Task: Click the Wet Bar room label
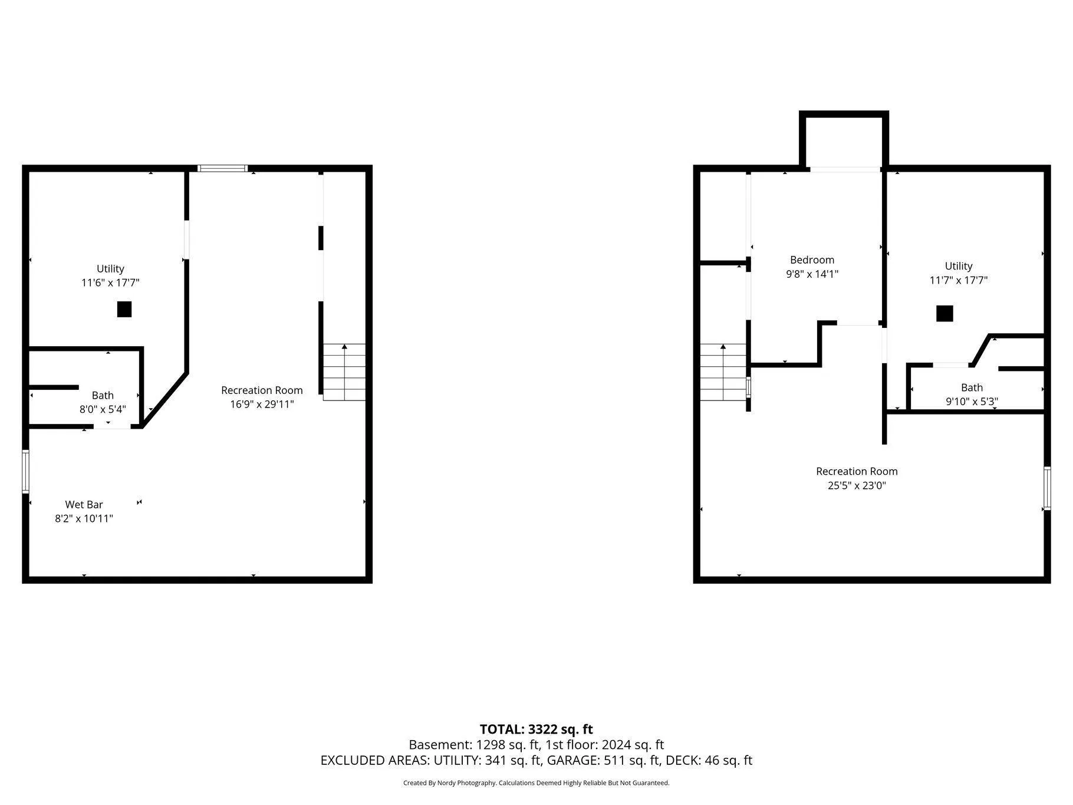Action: [x=84, y=505]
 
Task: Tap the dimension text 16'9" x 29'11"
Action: [x=262, y=405]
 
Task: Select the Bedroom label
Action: [x=812, y=260]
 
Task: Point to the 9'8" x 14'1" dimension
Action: [x=812, y=274]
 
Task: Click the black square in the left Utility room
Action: [x=124, y=309]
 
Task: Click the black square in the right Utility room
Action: [x=944, y=313]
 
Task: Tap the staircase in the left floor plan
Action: [x=344, y=372]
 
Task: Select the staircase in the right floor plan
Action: [x=723, y=372]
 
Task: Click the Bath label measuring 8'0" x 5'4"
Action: [x=103, y=396]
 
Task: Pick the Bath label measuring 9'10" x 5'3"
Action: [x=972, y=387]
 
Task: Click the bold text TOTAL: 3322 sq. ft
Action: [x=536, y=730]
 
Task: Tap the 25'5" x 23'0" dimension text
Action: [x=857, y=486]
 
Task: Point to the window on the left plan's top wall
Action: [x=222, y=169]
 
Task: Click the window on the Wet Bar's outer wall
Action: [x=25, y=471]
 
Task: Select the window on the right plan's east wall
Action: [x=1047, y=488]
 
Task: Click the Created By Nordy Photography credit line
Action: [x=536, y=783]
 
